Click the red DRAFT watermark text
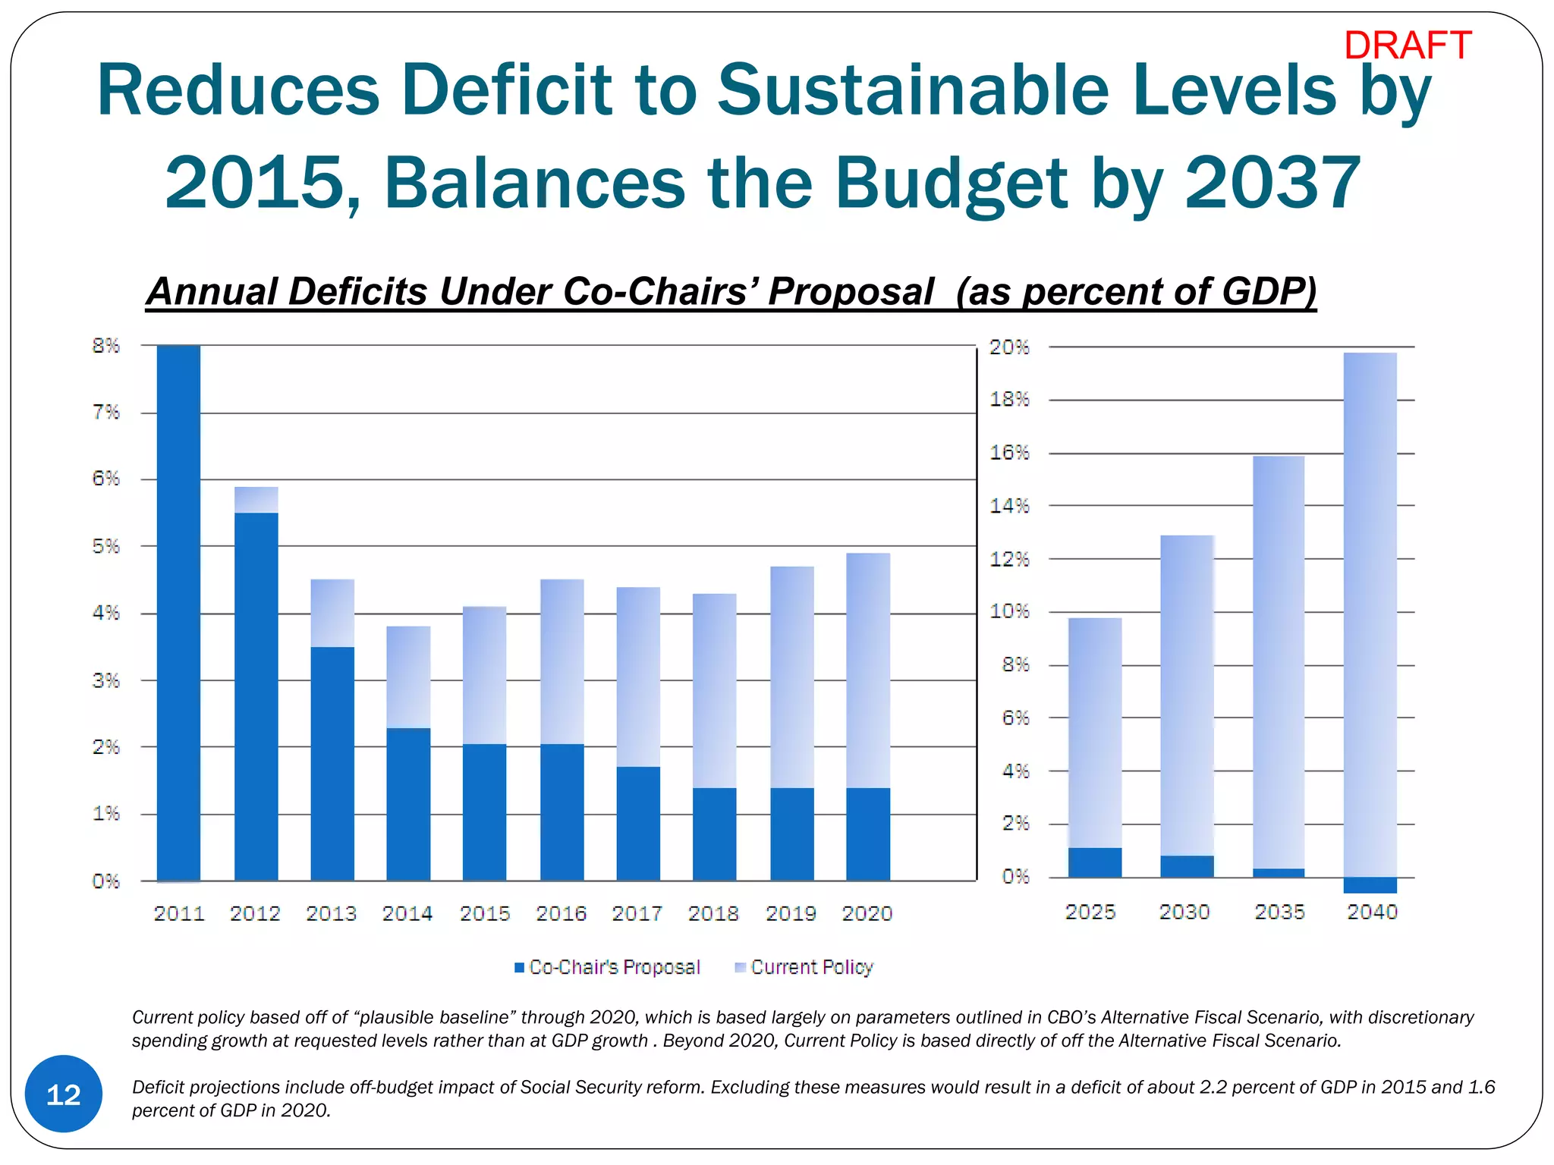click(x=1407, y=46)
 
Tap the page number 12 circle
click(x=64, y=1094)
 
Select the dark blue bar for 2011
click(x=178, y=613)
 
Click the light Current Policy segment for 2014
click(x=408, y=677)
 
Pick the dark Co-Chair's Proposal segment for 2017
click(x=638, y=823)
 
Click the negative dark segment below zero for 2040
click(x=1370, y=884)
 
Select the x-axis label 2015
click(x=485, y=913)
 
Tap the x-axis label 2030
click(x=1184, y=912)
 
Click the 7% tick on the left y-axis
click(x=105, y=413)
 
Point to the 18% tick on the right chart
click(x=1009, y=400)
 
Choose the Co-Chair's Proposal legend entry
click(x=607, y=967)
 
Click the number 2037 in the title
click(x=1272, y=183)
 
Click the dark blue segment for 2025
click(x=1095, y=862)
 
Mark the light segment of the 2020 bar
click(x=868, y=670)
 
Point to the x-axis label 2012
click(x=255, y=913)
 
